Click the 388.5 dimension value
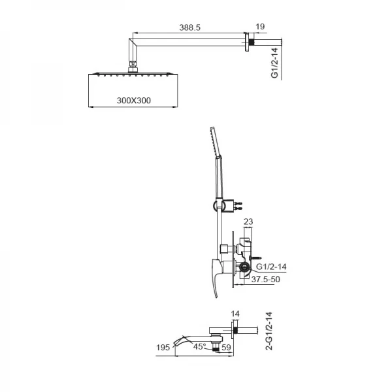(189, 28)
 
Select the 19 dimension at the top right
(260, 28)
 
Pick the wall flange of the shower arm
(249, 43)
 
